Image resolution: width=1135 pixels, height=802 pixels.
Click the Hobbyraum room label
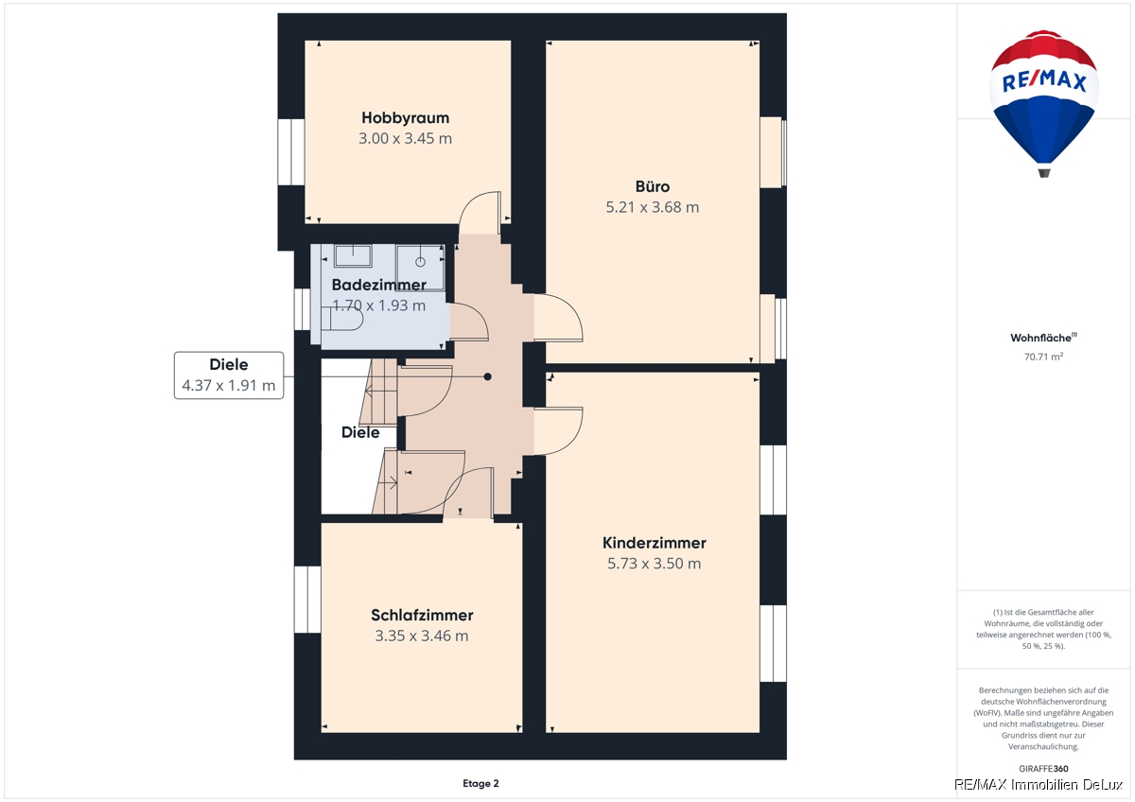click(x=406, y=118)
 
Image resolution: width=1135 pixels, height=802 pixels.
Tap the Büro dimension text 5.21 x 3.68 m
click(x=652, y=207)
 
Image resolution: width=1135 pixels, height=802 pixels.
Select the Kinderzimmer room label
click(x=655, y=543)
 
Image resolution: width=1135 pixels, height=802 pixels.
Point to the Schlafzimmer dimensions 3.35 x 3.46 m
click(x=422, y=636)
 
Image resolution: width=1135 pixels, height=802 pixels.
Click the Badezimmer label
click(x=378, y=285)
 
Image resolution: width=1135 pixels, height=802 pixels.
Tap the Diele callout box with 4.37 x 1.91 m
click(x=229, y=375)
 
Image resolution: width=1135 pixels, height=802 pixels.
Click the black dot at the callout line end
click(x=487, y=377)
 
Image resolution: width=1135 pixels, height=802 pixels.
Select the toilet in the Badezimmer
click(x=342, y=319)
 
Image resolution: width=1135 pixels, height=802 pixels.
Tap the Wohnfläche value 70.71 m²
click(x=1044, y=357)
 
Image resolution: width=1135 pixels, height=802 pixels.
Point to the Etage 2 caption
click(x=480, y=783)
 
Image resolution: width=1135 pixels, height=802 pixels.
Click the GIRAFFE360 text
click(x=1044, y=769)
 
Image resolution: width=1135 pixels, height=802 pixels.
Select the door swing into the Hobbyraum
click(x=480, y=213)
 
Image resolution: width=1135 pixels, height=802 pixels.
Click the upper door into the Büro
click(x=558, y=318)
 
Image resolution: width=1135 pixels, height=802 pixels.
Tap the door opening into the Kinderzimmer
click(x=558, y=430)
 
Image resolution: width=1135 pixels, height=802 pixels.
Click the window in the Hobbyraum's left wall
click(x=291, y=152)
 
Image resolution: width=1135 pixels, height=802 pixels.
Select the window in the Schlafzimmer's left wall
click(x=307, y=600)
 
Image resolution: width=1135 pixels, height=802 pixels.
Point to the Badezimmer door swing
click(x=469, y=322)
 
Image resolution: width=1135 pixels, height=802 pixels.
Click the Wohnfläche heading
click(x=1044, y=338)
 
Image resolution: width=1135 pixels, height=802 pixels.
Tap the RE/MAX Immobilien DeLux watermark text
click(x=1039, y=785)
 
